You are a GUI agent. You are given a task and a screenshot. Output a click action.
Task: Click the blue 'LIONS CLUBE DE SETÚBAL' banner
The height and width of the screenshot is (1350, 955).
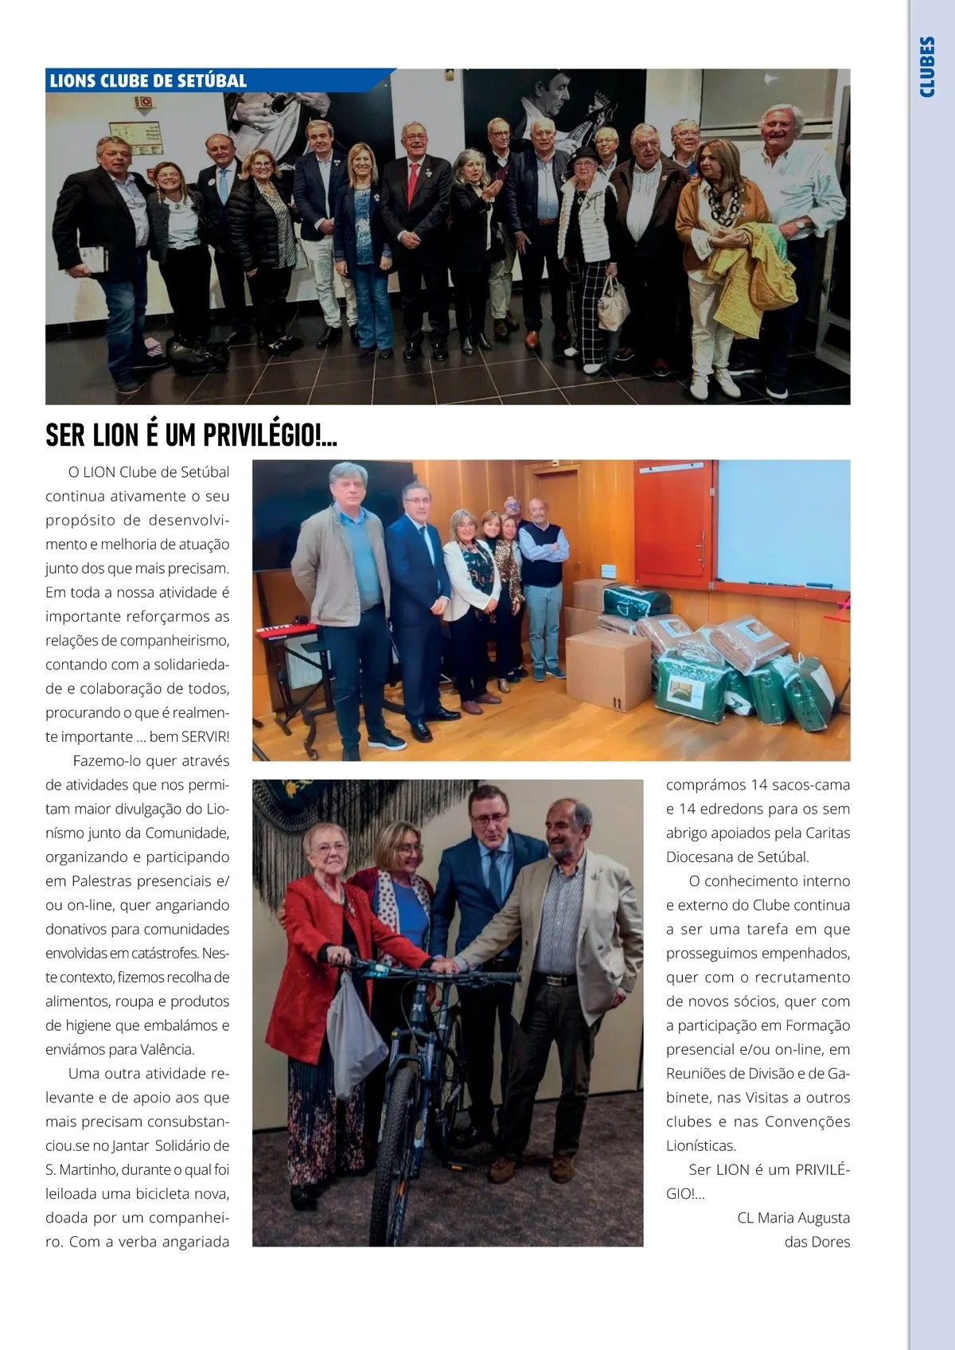[x=148, y=80]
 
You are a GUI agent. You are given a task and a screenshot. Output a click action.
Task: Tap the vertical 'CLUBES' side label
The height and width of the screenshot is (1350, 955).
[x=927, y=67]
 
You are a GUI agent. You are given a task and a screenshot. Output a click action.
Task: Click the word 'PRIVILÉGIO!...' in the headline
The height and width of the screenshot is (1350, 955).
[x=271, y=435]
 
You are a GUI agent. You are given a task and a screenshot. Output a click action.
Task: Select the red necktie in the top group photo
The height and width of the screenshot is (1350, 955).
[x=412, y=182]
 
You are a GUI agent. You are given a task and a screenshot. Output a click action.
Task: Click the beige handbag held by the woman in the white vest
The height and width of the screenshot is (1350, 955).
[x=613, y=305]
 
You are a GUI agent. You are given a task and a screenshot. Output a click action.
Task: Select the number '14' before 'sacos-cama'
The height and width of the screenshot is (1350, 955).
[x=758, y=785]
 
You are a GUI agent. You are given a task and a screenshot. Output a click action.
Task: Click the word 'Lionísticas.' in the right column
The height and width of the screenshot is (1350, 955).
[x=701, y=1145]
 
